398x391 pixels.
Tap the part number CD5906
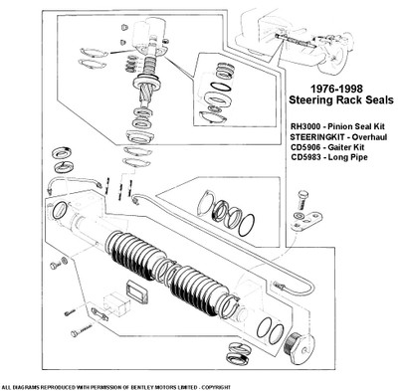304,147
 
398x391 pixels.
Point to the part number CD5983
304,157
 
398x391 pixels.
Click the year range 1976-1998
336,89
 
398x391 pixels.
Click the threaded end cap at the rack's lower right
298,348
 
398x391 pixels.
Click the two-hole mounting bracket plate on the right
306,221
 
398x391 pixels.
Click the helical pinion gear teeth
146,97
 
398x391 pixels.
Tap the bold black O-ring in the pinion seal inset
221,86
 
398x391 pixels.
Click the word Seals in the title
380,99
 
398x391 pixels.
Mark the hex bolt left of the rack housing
55,266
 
